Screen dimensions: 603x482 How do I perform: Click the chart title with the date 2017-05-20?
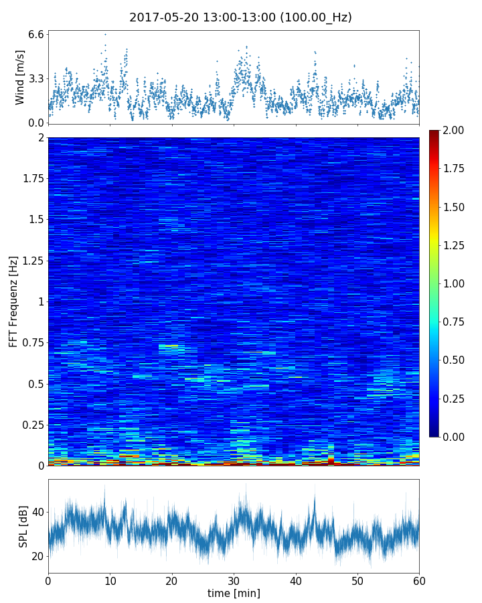(240, 17)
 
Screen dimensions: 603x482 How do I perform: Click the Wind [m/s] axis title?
(20, 77)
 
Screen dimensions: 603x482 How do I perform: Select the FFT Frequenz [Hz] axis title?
(13, 301)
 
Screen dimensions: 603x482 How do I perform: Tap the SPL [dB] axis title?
(23, 526)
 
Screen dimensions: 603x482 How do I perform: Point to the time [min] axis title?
(234, 593)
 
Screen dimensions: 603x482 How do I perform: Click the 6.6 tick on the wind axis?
(36, 34)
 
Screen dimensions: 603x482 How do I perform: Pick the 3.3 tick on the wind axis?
(36, 78)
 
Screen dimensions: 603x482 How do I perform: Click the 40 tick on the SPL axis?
(37, 513)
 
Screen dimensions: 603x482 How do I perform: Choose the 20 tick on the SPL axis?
(37, 556)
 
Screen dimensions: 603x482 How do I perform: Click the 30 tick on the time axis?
(234, 580)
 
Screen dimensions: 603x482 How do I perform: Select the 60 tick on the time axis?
(419, 580)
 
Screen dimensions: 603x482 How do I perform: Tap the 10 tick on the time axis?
(110, 580)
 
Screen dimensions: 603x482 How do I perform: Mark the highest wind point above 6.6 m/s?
(105, 34)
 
